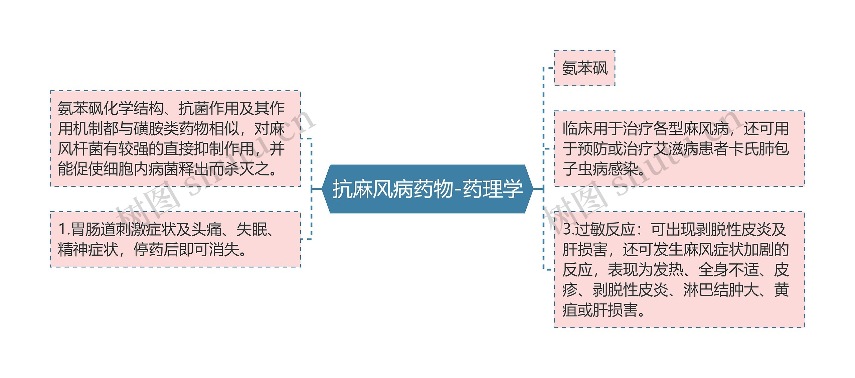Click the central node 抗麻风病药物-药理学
427,189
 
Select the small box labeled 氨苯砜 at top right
584,68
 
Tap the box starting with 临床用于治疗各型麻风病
679,148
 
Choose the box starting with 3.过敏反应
679,269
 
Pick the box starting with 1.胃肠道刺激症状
175,239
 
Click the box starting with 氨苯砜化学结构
175,138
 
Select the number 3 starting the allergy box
567,230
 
